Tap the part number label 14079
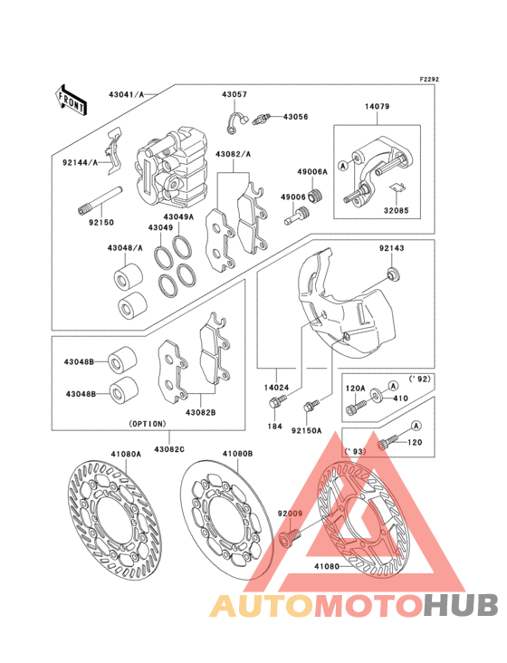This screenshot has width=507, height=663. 378,107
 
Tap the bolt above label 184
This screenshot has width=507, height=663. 278,402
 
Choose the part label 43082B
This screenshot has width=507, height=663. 201,412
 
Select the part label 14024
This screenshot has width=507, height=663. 278,387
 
